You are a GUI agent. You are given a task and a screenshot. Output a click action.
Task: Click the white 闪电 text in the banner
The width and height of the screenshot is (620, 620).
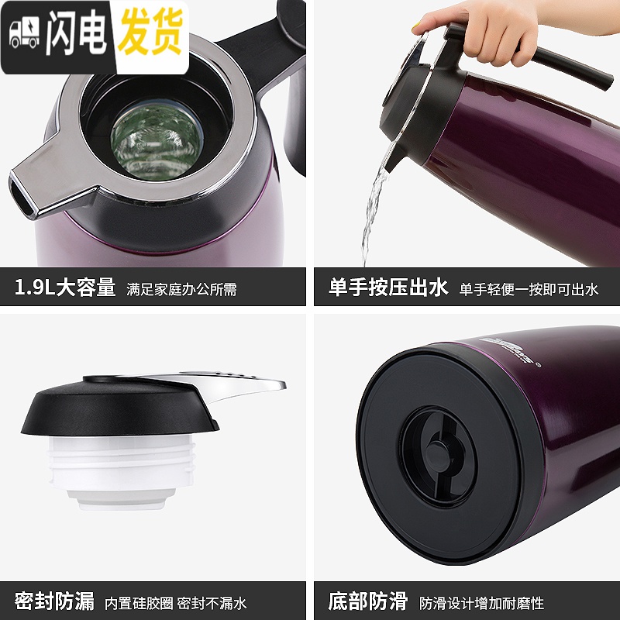[74, 34]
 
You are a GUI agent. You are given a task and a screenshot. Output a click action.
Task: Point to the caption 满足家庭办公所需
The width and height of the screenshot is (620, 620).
[181, 290]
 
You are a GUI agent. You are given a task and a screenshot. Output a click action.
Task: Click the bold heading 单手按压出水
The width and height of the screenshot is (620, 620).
[388, 288]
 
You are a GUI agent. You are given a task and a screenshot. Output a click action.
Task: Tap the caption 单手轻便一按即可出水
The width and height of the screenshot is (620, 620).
[529, 290]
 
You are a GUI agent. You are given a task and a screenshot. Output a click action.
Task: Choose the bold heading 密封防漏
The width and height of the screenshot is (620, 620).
[54, 601]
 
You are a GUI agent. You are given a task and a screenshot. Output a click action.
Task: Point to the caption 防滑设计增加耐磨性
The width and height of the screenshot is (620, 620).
[481, 602]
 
